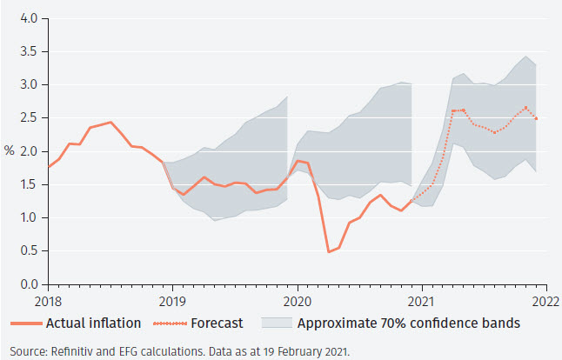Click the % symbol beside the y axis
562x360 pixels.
[x=9, y=151]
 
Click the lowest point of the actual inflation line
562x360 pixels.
[x=329, y=252]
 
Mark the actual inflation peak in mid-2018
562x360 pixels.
[x=110, y=123]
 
